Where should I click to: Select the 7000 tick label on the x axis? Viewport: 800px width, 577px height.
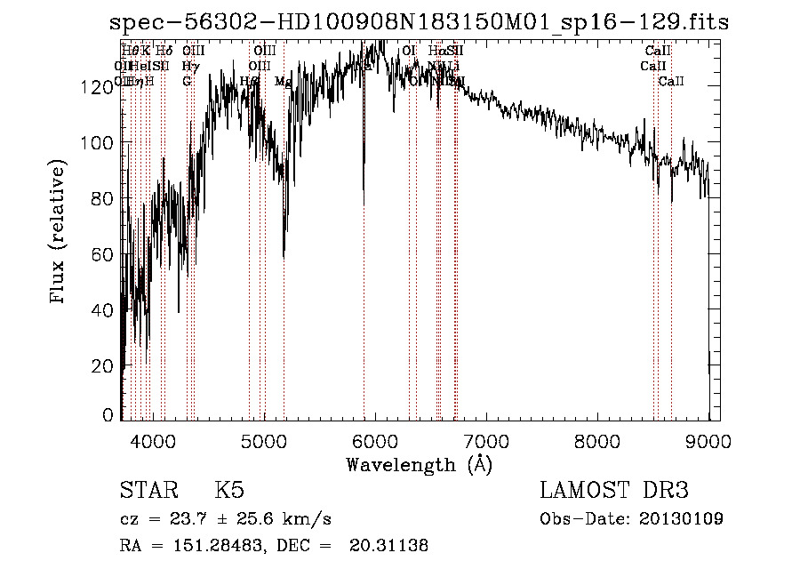(x=486, y=441)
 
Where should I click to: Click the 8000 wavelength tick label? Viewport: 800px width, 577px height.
(x=597, y=441)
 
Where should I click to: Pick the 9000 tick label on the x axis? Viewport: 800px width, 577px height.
(x=708, y=441)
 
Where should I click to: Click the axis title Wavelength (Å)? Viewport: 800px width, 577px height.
(x=419, y=464)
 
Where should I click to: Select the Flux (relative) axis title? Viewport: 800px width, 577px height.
(x=60, y=233)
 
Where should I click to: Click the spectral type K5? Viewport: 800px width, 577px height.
(x=229, y=491)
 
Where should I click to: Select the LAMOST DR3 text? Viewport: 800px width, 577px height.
(x=614, y=491)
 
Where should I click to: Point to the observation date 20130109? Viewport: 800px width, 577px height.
(x=680, y=518)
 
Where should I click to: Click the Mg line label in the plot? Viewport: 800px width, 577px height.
(x=283, y=82)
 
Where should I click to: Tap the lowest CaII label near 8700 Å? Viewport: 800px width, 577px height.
(x=671, y=82)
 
